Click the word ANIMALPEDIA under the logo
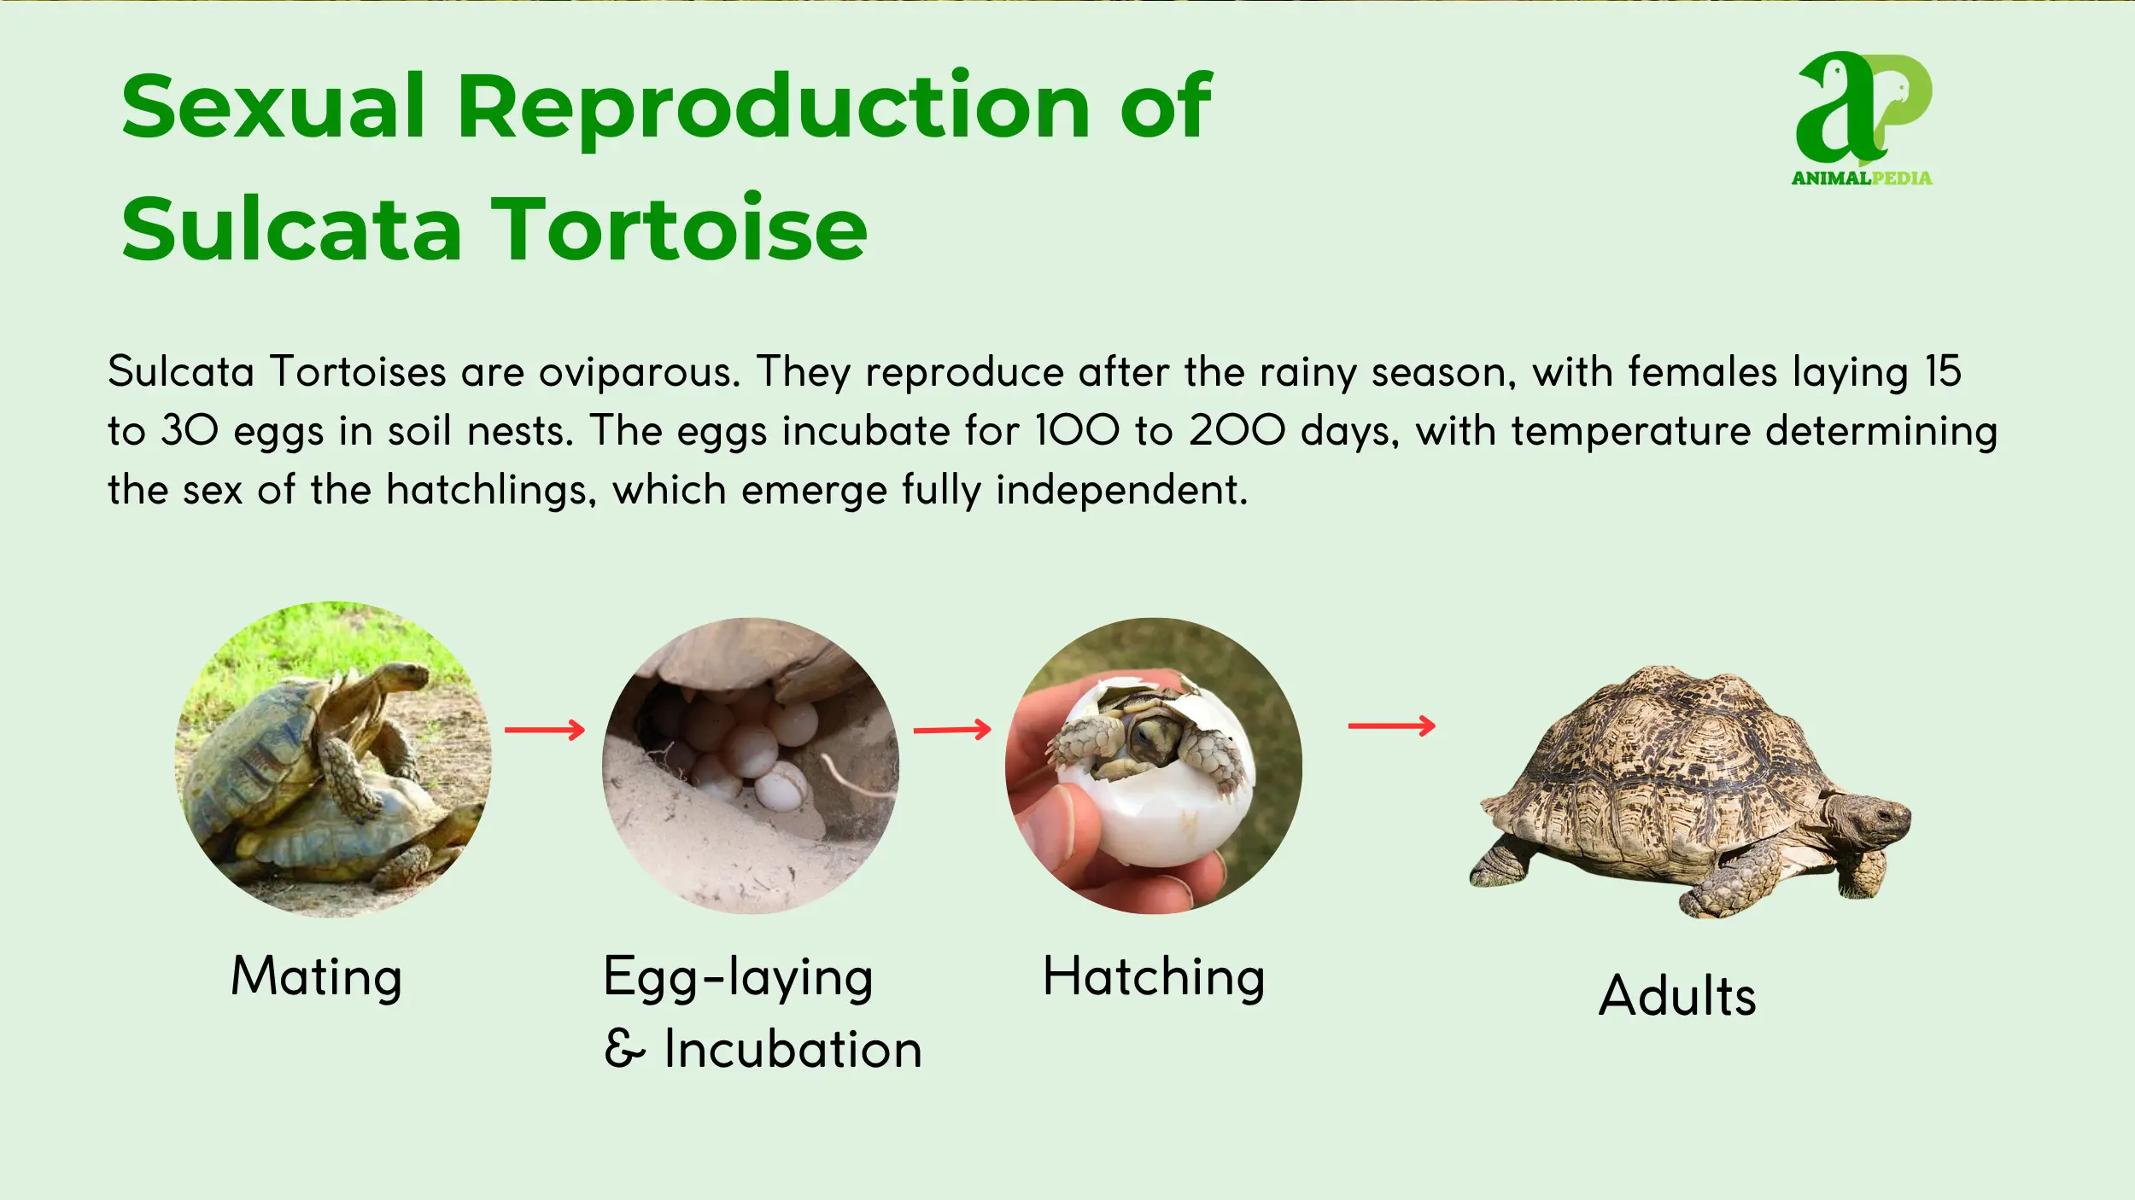(1862, 178)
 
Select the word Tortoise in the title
(679, 229)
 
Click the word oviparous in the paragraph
(639, 373)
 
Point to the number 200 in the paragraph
(1237, 430)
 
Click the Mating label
(317, 976)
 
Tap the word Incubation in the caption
(793, 1049)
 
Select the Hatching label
(1154, 978)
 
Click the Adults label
(1677, 996)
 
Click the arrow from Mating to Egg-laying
(545, 730)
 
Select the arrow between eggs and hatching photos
(952, 730)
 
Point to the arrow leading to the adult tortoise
(1392, 726)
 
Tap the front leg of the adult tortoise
(1734, 888)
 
